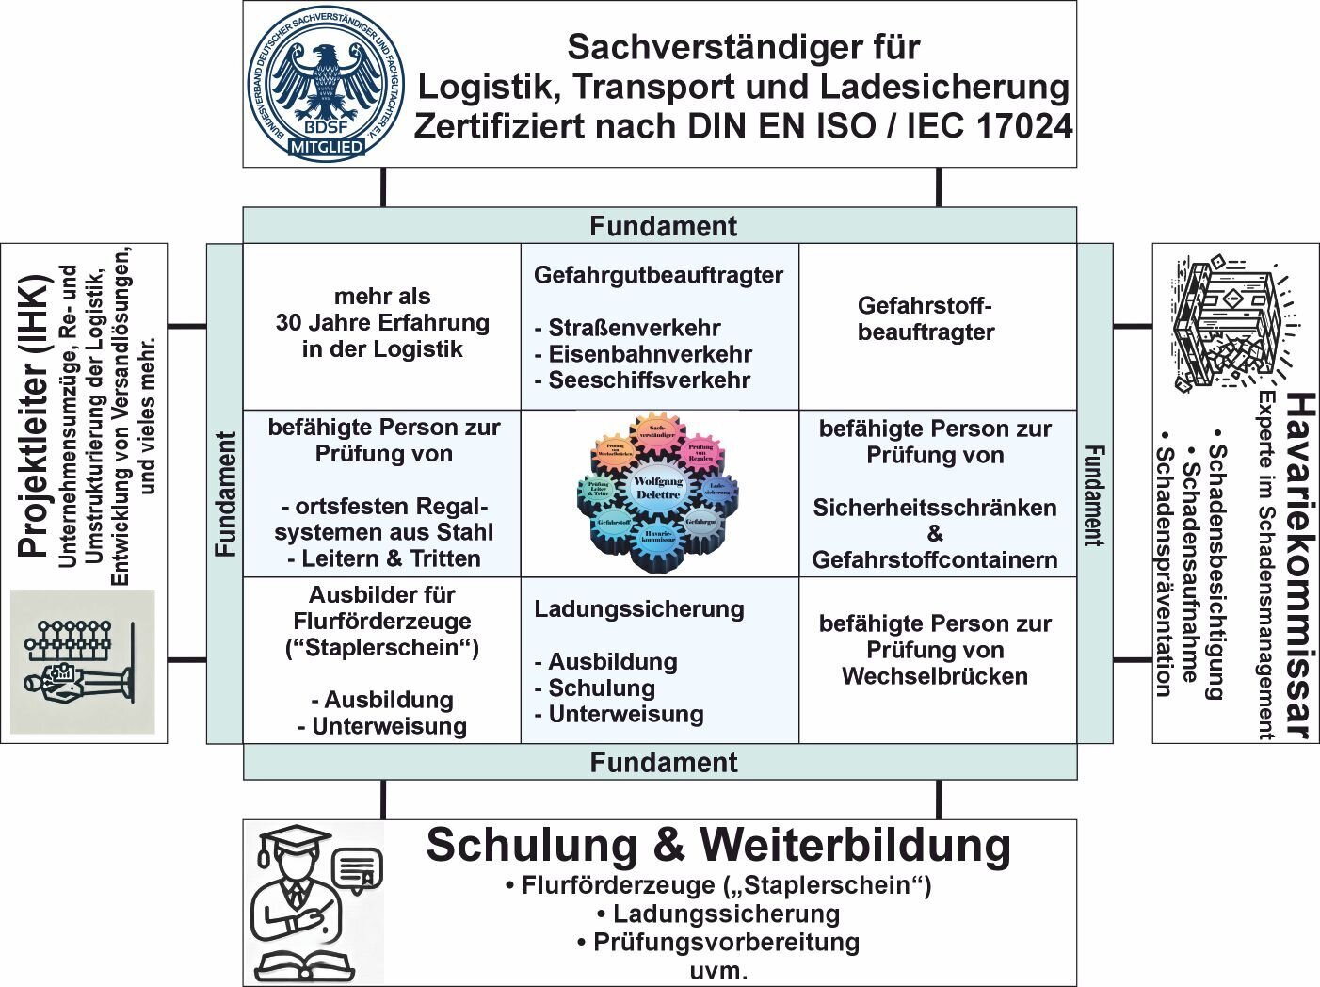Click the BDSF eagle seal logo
tap(325, 85)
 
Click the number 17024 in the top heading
tap(1024, 126)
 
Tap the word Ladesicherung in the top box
tap(944, 87)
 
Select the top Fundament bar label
tap(663, 226)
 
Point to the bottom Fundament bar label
tap(663, 762)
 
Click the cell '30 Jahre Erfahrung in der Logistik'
tap(382, 323)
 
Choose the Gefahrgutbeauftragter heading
tap(658, 275)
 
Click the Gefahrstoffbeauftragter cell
tap(926, 319)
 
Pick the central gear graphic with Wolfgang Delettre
tap(658, 491)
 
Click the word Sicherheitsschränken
tap(935, 508)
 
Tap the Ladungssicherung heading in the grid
tap(639, 609)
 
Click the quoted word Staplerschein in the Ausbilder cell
tap(382, 648)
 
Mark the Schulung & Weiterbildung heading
tap(718, 845)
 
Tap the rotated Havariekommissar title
tap(1300, 566)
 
